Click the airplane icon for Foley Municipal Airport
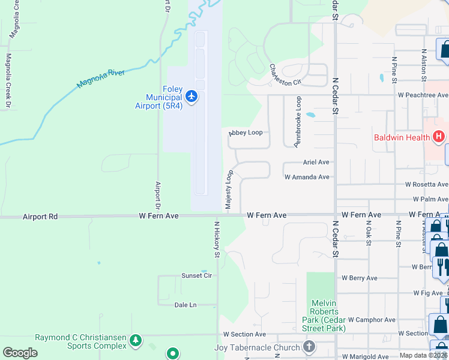click(x=191, y=96)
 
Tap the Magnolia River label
click(x=101, y=79)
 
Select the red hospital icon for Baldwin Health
click(x=439, y=137)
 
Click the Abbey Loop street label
click(x=246, y=133)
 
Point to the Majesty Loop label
click(x=229, y=190)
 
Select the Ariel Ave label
click(x=316, y=162)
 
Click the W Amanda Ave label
click(x=307, y=177)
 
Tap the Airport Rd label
click(x=40, y=216)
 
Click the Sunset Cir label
click(x=197, y=276)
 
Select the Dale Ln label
click(x=185, y=305)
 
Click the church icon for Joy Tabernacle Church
click(x=309, y=347)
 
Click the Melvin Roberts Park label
click(x=324, y=316)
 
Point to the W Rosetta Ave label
click(x=426, y=185)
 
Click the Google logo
click(x=20, y=353)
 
